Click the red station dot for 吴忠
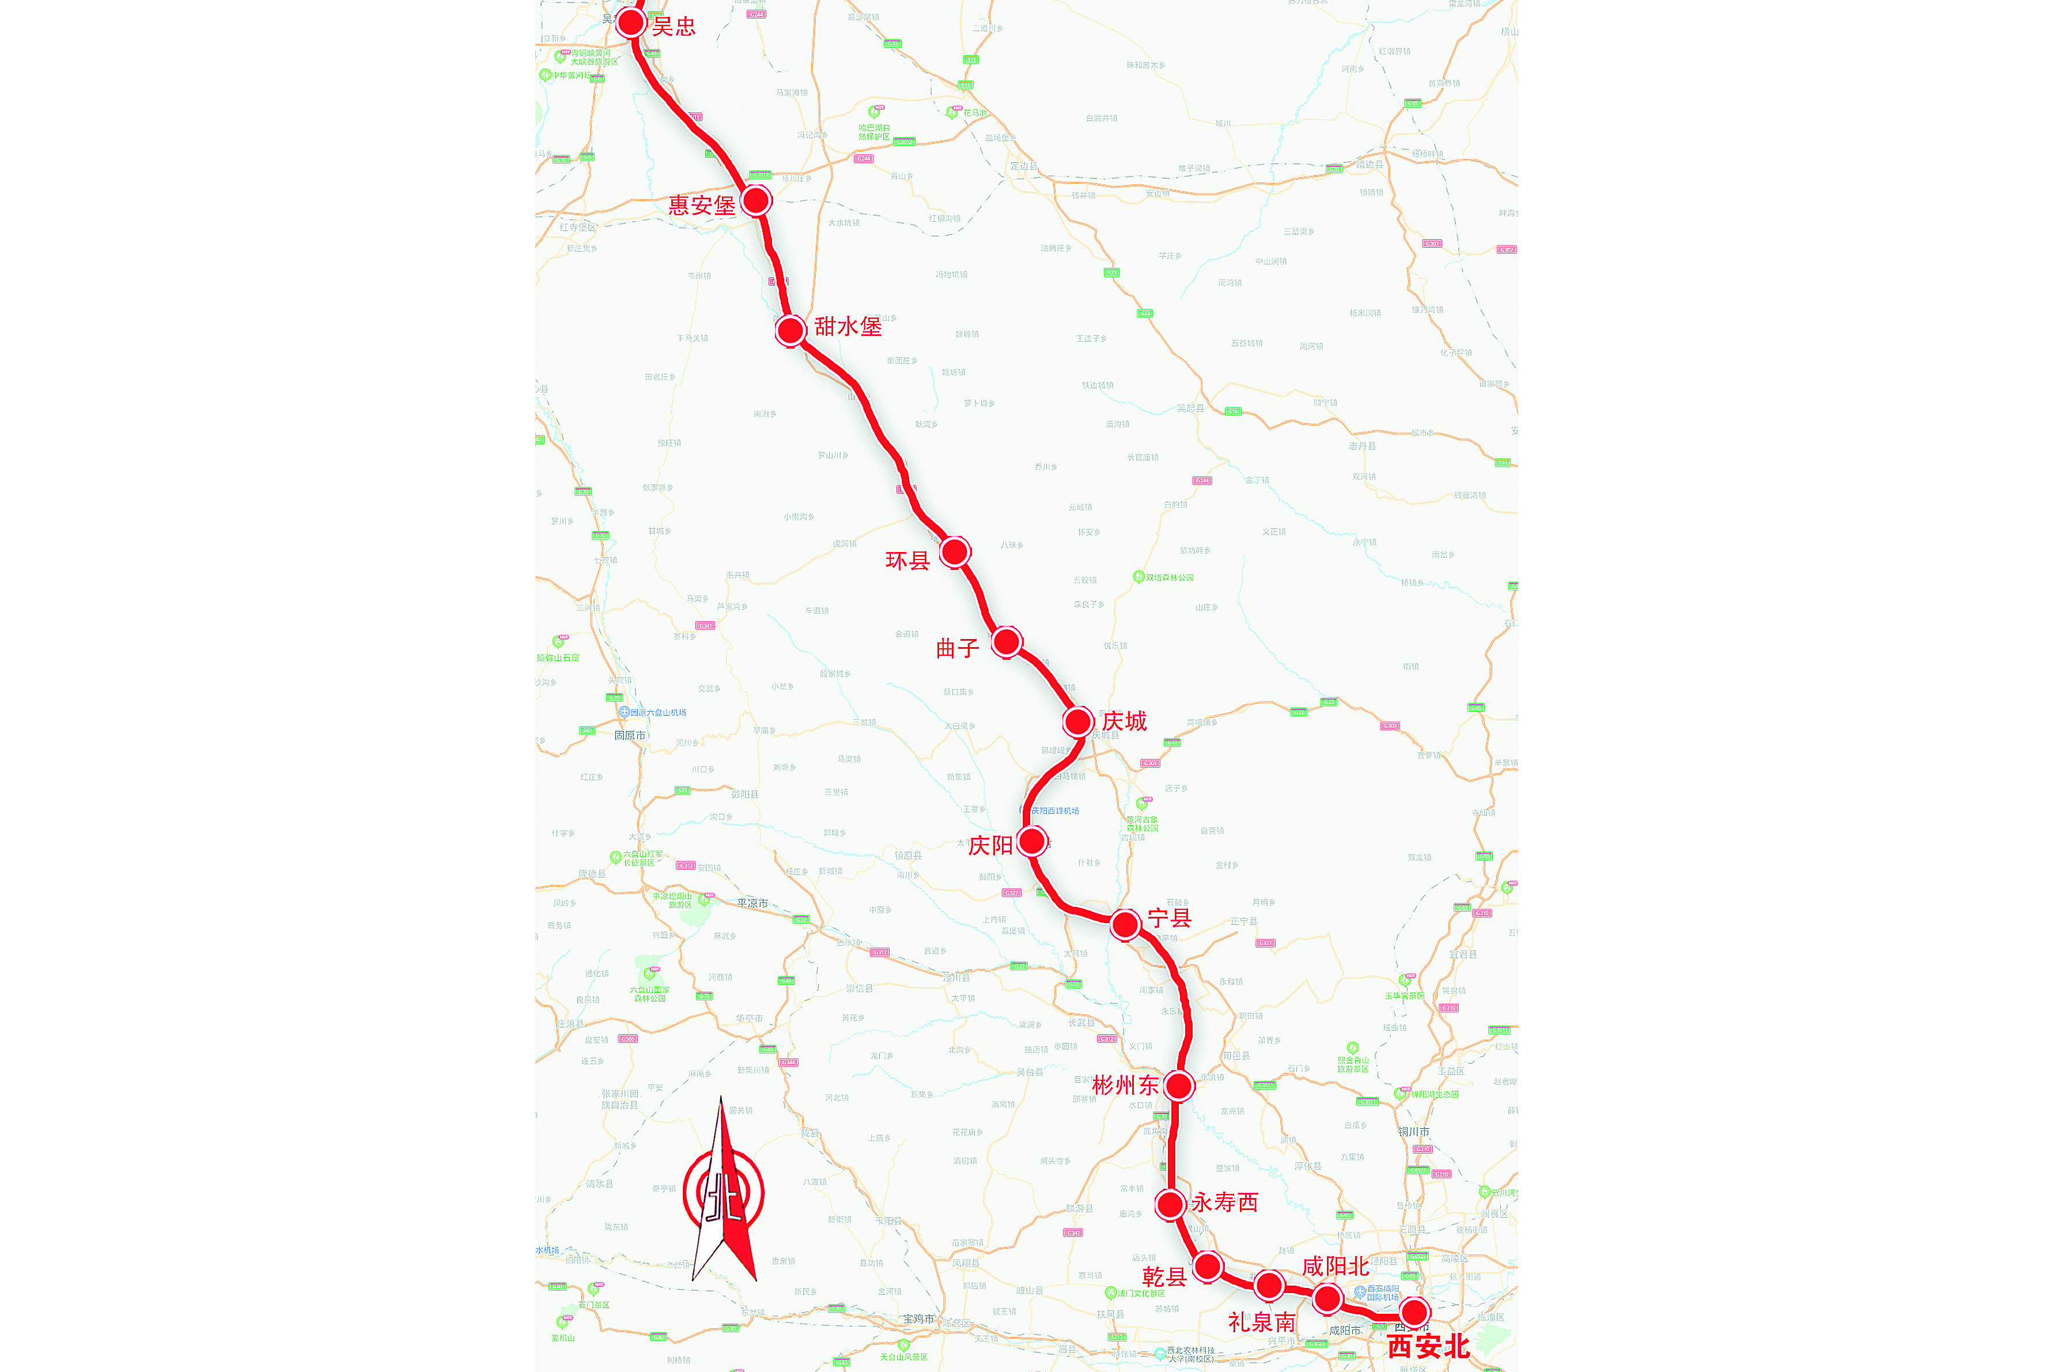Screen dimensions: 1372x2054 pos(631,22)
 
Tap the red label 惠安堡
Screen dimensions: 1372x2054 pos(702,206)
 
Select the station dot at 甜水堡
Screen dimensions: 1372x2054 pos(790,331)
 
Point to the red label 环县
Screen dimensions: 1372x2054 pos(907,561)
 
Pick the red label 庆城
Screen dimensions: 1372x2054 pos(1124,721)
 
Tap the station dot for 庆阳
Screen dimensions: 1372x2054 pos(1033,842)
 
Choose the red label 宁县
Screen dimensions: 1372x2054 pos(1170,918)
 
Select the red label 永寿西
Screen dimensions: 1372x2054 pos(1225,1202)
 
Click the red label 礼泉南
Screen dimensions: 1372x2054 pos(1261,1322)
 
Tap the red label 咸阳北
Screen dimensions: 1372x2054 pos(1335,1266)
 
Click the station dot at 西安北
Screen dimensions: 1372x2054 pos(1414,1311)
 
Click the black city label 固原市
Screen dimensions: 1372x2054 pos(630,736)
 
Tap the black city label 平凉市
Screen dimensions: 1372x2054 pos(752,903)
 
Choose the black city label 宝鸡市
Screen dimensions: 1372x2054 pos(918,1318)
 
